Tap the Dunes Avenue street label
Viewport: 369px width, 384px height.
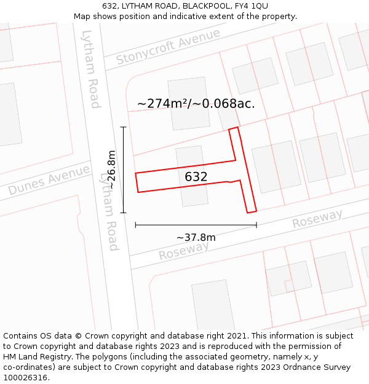(49, 180)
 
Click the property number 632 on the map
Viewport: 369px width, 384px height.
(196, 177)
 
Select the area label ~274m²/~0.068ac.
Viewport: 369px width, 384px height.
(196, 103)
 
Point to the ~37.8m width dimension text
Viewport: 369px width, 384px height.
(196, 238)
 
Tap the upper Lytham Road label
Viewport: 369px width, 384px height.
(90, 69)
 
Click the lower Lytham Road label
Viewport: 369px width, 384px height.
(109, 211)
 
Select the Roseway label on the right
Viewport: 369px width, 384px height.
(317, 218)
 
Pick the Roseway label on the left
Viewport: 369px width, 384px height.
(184, 250)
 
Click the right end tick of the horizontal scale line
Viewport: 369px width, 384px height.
(256, 225)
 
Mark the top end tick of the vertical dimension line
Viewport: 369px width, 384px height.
(124, 127)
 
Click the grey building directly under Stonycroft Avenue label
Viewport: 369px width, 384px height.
(188, 103)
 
